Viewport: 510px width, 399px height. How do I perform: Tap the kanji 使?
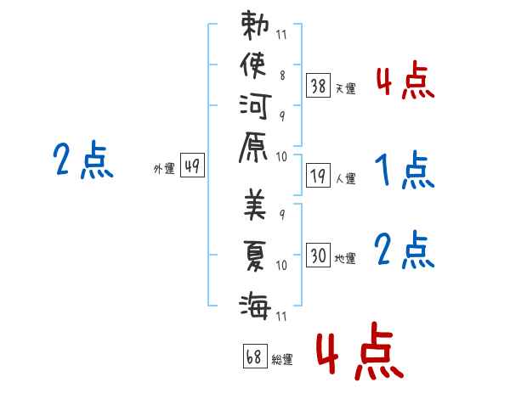253,65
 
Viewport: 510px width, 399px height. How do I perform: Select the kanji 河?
255,106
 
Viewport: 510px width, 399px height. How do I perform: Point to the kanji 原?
253,147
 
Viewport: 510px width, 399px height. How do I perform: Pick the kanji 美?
255,205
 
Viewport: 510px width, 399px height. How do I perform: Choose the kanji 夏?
255,256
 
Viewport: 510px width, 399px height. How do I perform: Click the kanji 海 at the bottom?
255,305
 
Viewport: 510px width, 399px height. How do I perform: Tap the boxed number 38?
318,86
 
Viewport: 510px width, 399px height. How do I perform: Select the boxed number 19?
318,176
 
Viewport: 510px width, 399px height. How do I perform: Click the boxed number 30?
318,255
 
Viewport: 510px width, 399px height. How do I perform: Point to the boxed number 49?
192,165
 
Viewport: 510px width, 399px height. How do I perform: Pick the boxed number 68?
255,356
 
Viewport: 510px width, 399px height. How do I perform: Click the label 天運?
345,88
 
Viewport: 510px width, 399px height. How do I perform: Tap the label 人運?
345,178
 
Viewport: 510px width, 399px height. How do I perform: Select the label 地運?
345,258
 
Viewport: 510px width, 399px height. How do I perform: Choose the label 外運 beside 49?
164,169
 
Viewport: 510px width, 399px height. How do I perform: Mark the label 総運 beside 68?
282,360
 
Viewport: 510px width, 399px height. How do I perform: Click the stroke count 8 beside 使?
282,76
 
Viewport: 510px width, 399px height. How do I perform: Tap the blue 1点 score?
405,169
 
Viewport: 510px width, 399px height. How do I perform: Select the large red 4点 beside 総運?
360,351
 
